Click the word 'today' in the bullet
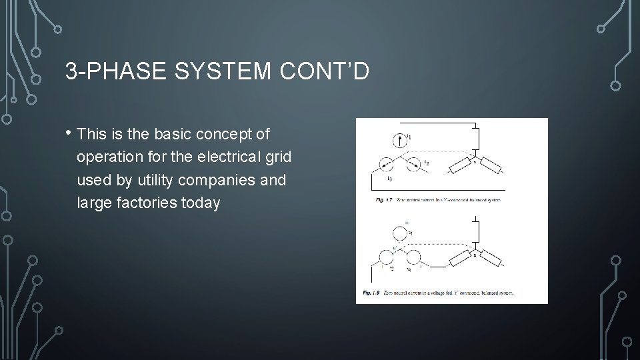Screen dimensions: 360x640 pyautogui.click(x=197, y=202)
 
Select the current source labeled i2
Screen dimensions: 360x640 pyautogui.click(x=413, y=163)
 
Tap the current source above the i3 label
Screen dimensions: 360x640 pyautogui.click(x=385, y=164)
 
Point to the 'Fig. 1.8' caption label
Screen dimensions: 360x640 pyautogui.click(x=369, y=293)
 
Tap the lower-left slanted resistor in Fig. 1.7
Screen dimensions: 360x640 pyautogui.click(x=461, y=167)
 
